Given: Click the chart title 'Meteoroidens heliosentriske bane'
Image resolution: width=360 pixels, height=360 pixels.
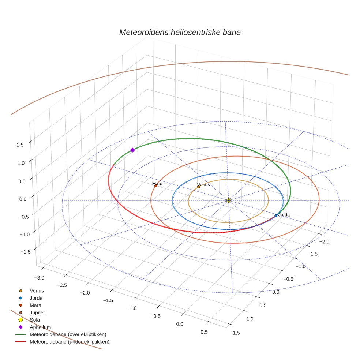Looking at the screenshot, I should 180,32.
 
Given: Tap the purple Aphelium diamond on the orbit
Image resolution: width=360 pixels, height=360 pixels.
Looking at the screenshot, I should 132,150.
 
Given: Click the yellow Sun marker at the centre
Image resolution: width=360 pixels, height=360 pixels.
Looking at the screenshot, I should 228,200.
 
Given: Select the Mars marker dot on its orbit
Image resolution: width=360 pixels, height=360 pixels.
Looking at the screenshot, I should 155,186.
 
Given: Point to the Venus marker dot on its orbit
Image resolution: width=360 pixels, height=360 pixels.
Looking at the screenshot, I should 199,187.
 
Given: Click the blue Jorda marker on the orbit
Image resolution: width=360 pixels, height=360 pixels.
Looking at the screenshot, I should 276,215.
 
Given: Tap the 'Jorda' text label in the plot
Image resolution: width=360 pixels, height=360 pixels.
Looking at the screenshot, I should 284,215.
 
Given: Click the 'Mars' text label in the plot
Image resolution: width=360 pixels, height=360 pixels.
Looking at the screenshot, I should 157,183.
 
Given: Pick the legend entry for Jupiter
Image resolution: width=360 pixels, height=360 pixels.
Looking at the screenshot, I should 37,312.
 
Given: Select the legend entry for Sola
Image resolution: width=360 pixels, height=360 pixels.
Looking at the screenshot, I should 35,320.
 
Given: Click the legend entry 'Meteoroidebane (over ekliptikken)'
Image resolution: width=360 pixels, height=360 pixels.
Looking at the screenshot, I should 68,334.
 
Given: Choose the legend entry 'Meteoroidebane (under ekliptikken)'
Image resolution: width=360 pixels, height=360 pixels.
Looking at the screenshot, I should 70,342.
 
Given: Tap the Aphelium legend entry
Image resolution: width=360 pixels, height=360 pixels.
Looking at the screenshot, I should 40,327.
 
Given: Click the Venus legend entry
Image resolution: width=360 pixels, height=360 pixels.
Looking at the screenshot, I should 37,291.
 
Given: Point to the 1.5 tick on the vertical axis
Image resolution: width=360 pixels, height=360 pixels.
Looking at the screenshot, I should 20,145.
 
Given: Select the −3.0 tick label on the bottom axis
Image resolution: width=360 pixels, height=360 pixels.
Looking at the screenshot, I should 39,278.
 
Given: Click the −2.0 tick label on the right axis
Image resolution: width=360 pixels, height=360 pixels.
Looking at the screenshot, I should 325,242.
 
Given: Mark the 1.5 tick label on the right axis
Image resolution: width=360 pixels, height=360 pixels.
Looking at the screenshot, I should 236,333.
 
